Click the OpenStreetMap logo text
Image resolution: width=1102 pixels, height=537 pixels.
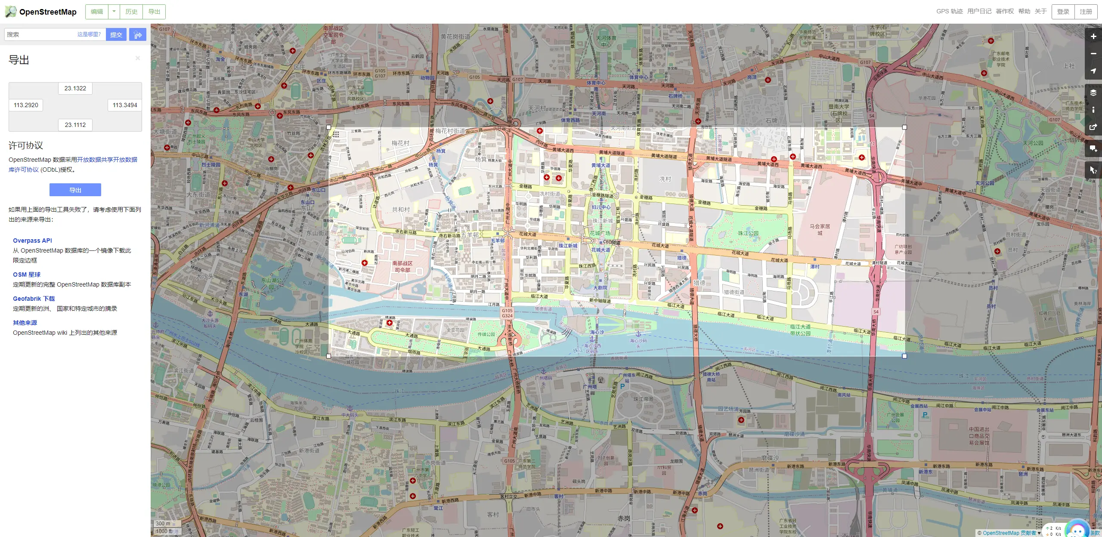47,12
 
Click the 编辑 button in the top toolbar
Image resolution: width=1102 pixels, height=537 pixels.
97,12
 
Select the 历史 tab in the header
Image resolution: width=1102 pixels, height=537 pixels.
131,12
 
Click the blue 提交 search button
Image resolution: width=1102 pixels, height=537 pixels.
116,34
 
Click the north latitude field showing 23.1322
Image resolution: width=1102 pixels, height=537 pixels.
75,88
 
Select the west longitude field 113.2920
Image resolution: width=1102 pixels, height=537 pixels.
26,105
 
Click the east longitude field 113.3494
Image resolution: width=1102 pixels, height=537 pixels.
124,105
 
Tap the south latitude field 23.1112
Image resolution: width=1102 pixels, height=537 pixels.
75,125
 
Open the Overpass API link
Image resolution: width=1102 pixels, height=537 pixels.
32,241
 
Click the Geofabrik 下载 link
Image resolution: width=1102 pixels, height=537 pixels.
34,299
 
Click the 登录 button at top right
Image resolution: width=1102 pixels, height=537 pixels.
1063,12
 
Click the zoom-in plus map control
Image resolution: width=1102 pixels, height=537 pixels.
1093,37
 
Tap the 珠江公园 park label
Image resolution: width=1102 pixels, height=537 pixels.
748,233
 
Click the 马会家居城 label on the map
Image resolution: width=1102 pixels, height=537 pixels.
820,229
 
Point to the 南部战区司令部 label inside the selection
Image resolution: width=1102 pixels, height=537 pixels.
402,266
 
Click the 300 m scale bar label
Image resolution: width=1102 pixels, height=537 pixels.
163,524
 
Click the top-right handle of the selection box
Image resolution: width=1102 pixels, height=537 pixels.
904,127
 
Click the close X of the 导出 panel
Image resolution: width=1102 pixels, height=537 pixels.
138,58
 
